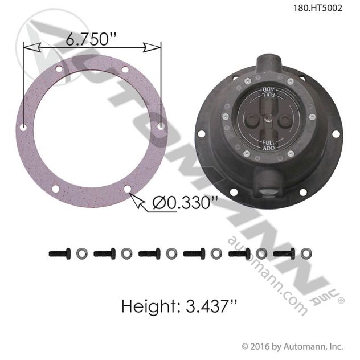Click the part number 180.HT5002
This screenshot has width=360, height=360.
pyautogui.click(x=325, y=9)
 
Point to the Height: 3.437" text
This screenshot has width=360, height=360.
pyautogui.click(x=179, y=306)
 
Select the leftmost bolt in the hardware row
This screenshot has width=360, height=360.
pyautogui.click(x=61, y=253)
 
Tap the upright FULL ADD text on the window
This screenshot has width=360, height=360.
pyautogui.click(x=267, y=144)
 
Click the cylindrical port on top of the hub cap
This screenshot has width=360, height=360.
pyautogui.click(x=268, y=63)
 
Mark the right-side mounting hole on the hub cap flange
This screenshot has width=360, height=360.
pyautogui.click(x=336, y=134)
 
